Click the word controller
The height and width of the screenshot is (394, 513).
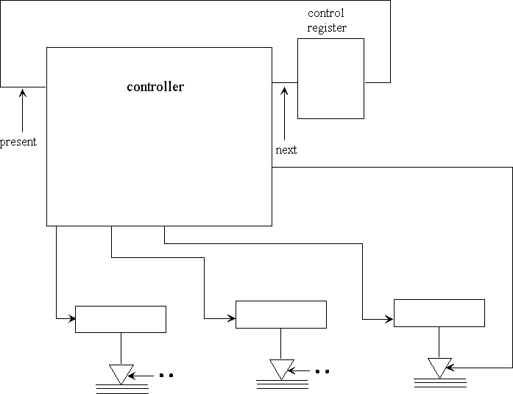click(x=155, y=87)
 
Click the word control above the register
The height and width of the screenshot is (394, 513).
click(x=325, y=13)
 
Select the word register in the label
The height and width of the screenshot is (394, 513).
click(x=327, y=28)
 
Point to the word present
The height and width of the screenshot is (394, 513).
click(x=18, y=142)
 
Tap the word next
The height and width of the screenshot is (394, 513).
click(x=286, y=150)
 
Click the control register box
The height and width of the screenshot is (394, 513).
click(x=330, y=78)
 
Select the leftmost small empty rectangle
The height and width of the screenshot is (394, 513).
click(x=121, y=319)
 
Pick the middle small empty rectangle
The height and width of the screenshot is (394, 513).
click(x=280, y=314)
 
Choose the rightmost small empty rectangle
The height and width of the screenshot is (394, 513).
click(x=439, y=312)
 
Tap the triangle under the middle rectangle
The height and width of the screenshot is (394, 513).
click(x=280, y=367)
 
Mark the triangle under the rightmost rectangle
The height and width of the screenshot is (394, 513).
click(x=439, y=367)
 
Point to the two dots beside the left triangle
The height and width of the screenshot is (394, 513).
click(x=166, y=376)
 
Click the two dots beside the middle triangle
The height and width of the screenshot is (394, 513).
click(x=322, y=371)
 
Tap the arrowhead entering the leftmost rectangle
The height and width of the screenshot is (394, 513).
click(x=72, y=318)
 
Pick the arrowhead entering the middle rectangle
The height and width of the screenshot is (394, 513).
click(x=232, y=318)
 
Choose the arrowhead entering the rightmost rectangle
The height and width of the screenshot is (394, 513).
click(x=390, y=318)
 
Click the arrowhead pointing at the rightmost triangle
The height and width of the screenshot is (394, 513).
click(x=448, y=367)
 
